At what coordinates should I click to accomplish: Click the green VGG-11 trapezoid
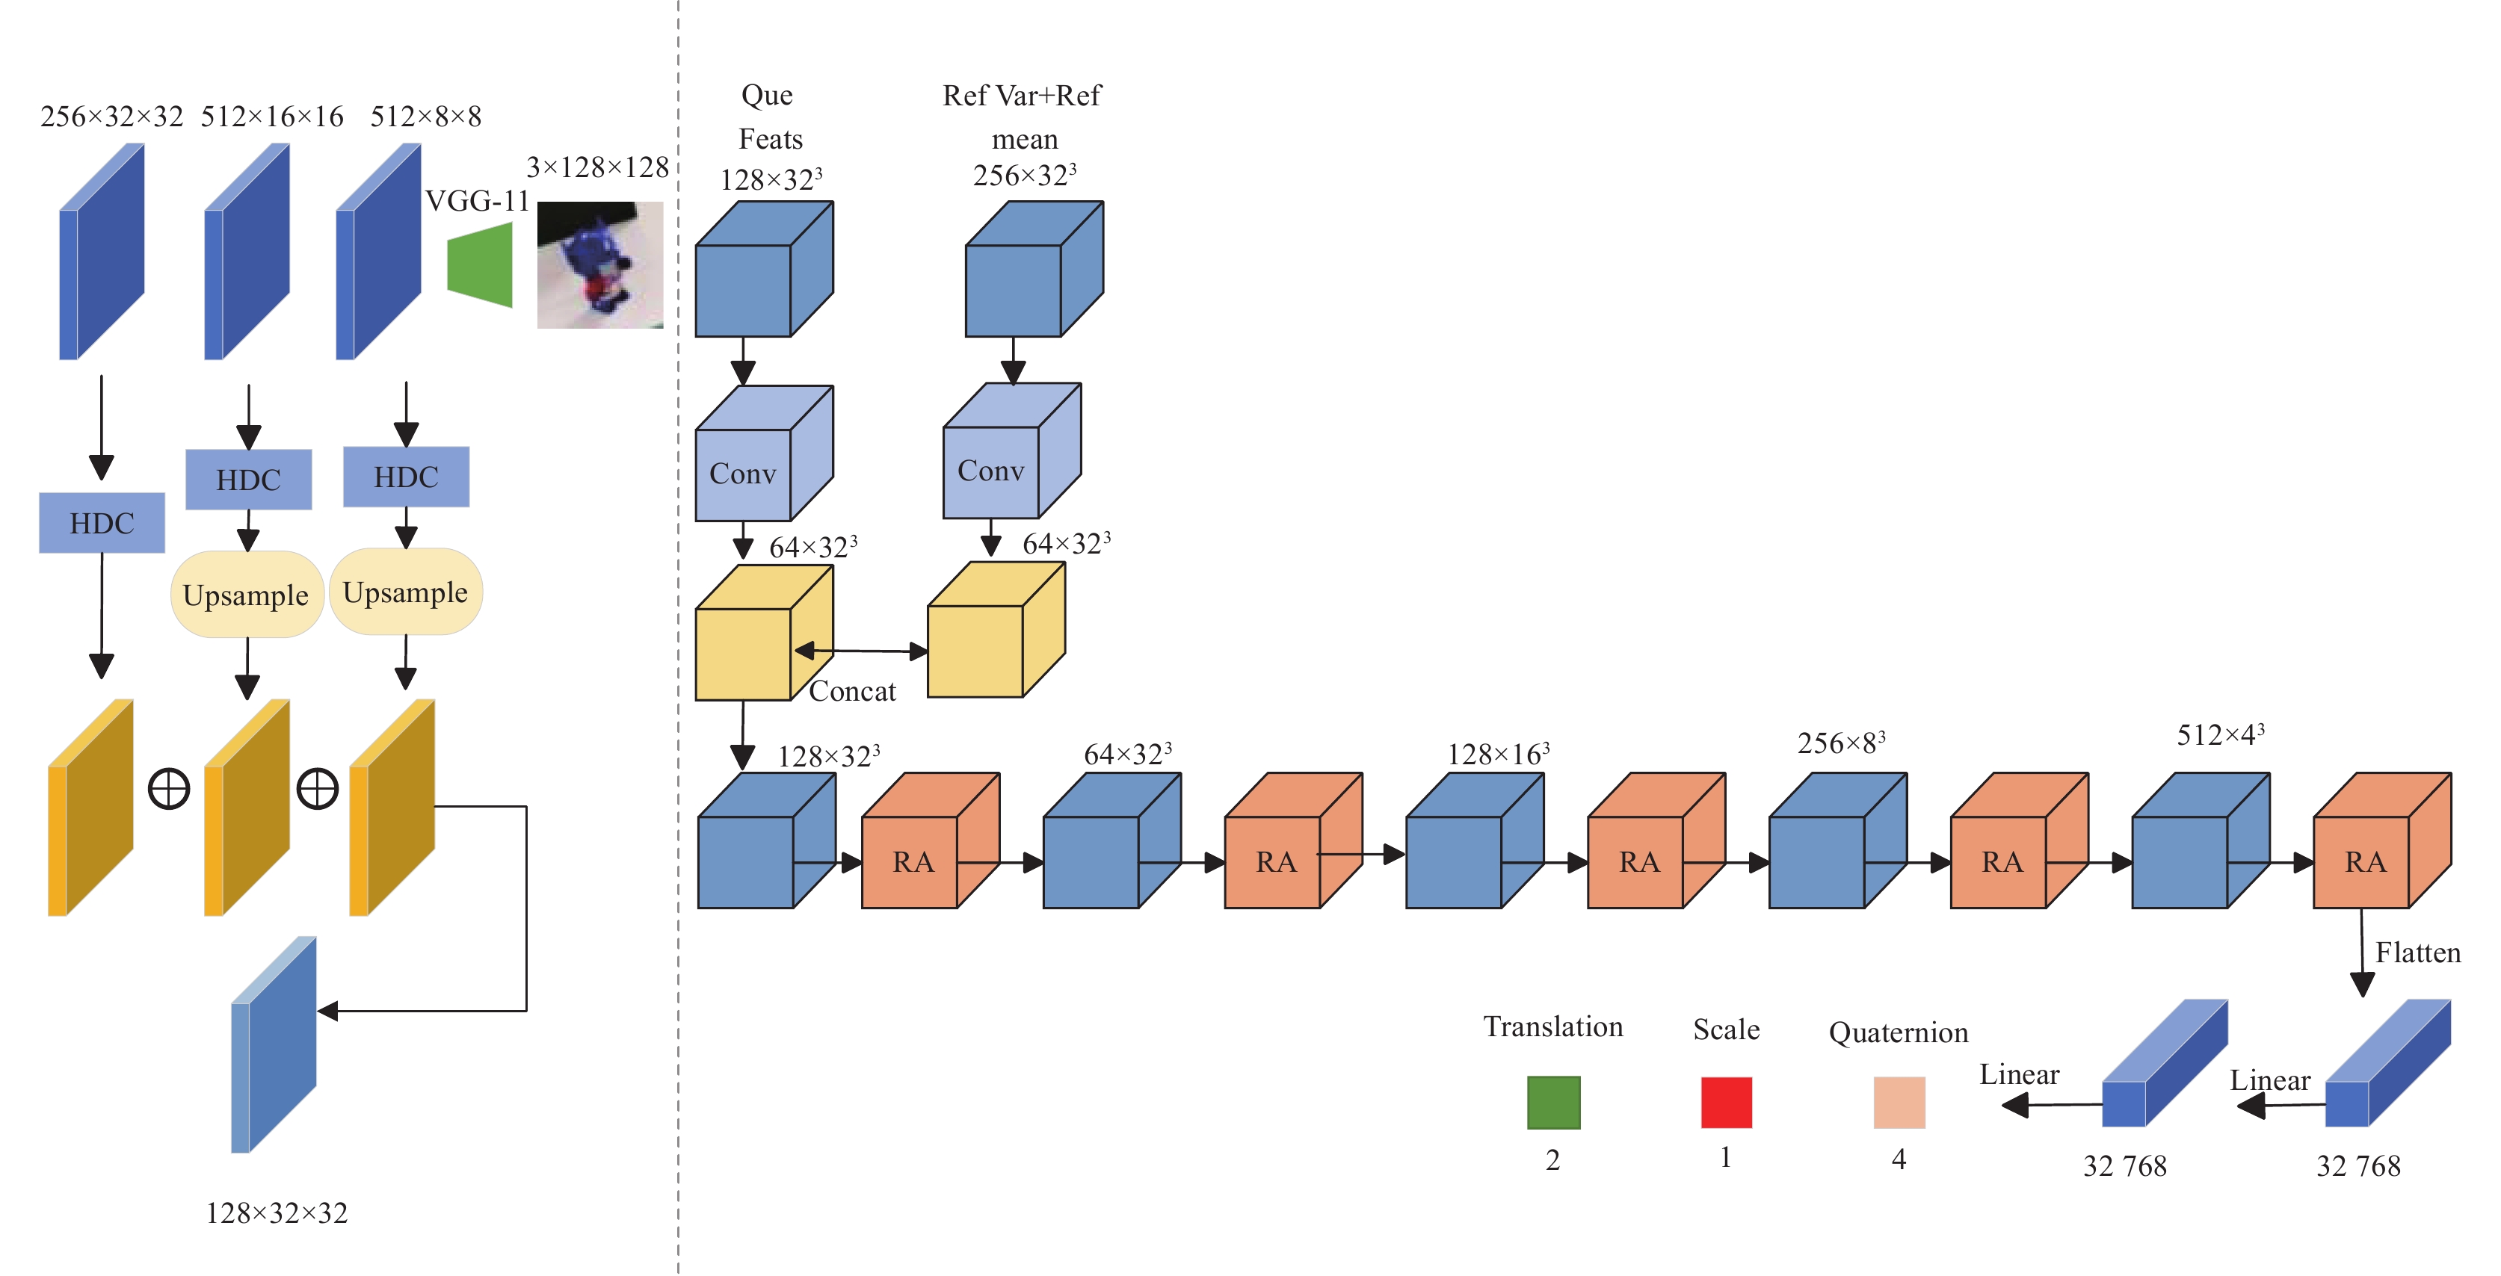click(480, 265)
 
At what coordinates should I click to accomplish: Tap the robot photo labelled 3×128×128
click(600, 265)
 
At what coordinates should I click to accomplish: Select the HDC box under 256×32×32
click(102, 523)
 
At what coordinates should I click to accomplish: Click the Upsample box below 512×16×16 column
click(247, 595)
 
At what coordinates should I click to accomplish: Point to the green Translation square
click(1553, 1103)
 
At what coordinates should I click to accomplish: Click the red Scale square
click(1726, 1103)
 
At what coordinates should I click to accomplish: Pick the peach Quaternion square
click(1899, 1103)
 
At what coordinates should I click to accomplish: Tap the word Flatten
click(2417, 953)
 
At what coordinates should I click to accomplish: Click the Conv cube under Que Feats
click(764, 453)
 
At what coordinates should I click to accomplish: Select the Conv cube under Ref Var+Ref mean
click(1011, 450)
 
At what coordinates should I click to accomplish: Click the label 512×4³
click(2221, 734)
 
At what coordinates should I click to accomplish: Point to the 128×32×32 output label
click(277, 1213)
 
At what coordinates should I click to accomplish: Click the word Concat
click(852, 691)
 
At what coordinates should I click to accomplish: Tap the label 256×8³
click(1841, 743)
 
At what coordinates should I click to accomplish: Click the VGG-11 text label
click(478, 201)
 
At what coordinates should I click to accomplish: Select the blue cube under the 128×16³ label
click(1475, 840)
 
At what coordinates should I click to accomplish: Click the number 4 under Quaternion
click(1899, 1159)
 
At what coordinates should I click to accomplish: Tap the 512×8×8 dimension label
click(425, 117)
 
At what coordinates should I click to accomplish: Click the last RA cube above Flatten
click(2383, 840)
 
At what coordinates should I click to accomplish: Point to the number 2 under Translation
click(1553, 1159)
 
